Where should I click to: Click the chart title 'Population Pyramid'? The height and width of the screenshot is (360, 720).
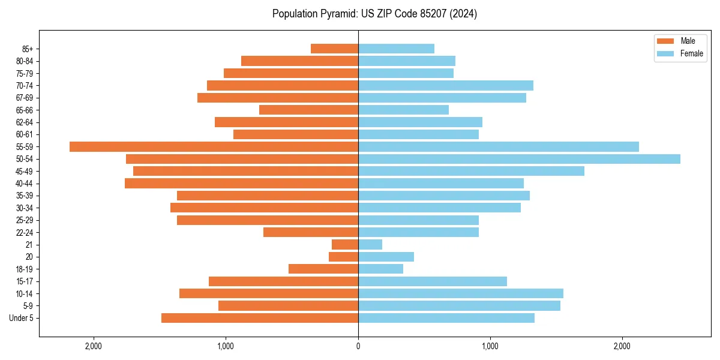point(374,14)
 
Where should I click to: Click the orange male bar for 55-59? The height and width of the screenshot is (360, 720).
point(214,147)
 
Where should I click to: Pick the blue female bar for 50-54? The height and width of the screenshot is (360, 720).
point(519,159)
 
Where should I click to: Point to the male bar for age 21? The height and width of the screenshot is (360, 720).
point(345,245)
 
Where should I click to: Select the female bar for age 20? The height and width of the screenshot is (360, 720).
point(386,257)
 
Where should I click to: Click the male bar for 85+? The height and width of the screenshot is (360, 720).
point(334,49)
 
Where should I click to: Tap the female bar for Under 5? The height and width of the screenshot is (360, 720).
point(446,318)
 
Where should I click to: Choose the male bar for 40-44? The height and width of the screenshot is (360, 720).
point(241,184)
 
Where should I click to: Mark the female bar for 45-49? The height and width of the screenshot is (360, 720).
point(471,171)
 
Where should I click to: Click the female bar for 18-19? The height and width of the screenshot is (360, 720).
point(380,269)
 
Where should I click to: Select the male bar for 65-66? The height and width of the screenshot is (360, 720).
point(308,110)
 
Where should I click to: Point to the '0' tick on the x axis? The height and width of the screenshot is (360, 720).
point(358,346)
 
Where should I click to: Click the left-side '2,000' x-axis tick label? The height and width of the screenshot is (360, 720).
point(94,346)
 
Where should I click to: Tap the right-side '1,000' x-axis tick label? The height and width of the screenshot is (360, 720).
point(490,346)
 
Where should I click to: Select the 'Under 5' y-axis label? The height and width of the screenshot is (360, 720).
point(22,318)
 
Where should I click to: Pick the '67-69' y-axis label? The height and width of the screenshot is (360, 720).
point(25,98)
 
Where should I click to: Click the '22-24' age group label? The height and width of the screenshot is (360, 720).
point(25,233)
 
